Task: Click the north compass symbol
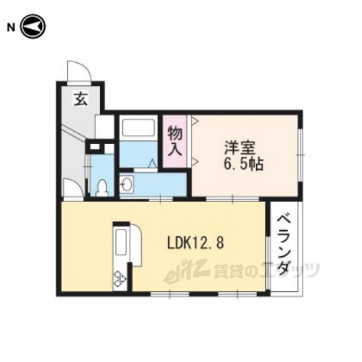tap(33, 27)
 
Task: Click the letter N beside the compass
tap(11, 28)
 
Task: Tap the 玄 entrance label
tap(81, 98)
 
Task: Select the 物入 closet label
tap(175, 141)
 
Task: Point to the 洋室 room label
tap(240, 148)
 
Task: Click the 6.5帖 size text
tap(243, 165)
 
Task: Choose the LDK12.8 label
tap(195, 243)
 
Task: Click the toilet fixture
tap(102, 188)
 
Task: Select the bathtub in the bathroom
tap(138, 127)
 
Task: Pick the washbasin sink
tap(127, 184)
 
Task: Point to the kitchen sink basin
tap(120, 242)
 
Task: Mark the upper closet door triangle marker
tap(196, 120)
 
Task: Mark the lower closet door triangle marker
tap(196, 161)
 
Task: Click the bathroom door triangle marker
tap(152, 163)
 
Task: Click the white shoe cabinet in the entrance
tap(105, 127)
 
